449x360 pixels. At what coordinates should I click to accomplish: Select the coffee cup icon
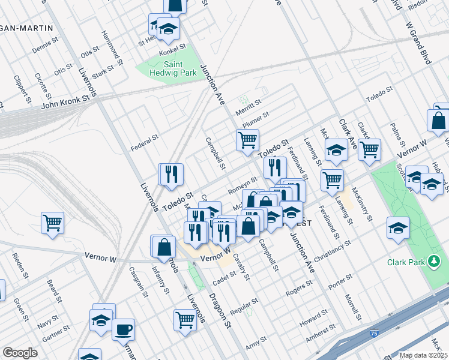tap(123, 329)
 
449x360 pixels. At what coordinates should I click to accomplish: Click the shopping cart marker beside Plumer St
tap(247, 141)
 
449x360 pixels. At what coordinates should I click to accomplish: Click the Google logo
tap(20, 352)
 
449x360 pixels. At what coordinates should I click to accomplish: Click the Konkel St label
tap(173, 46)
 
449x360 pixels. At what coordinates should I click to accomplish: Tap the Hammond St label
tap(112, 47)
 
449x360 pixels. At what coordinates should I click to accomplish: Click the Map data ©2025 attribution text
tap(423, 355)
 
